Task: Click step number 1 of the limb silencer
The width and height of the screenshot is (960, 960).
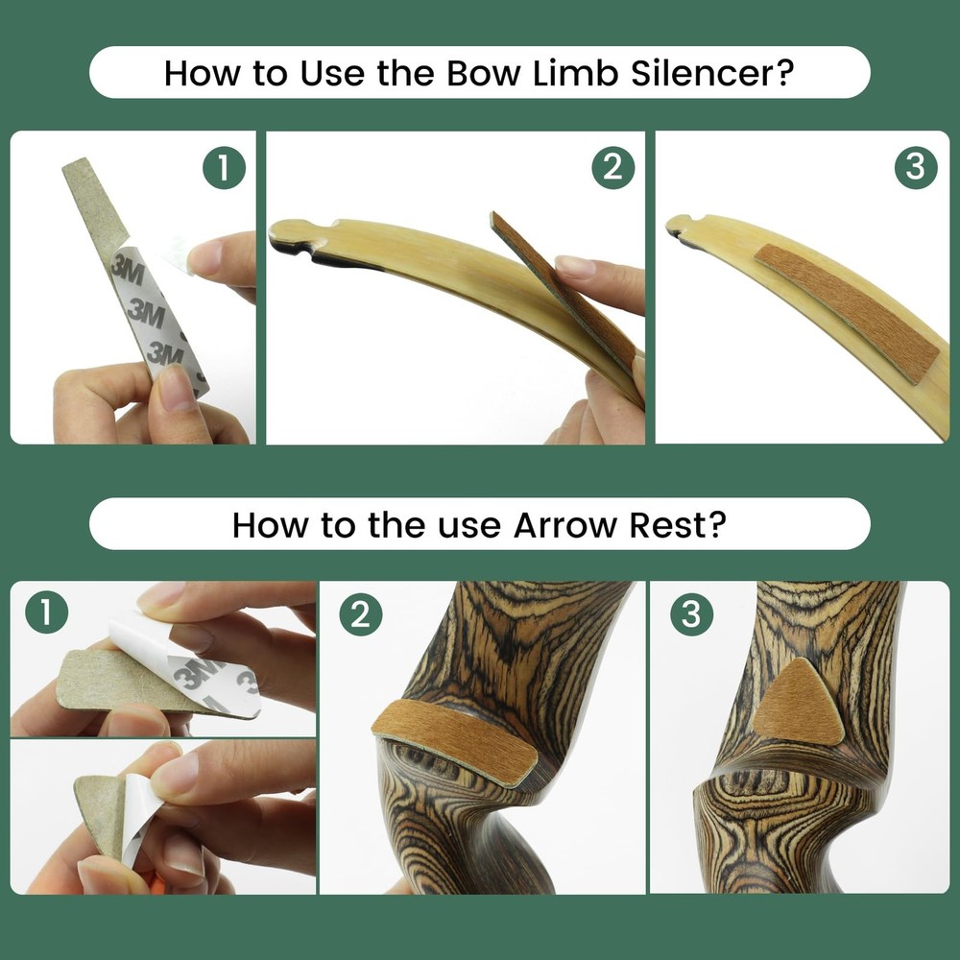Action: pos(224,169)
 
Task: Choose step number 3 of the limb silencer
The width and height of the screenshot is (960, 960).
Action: pos(914,168)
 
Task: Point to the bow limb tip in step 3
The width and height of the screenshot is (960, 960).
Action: pos(684,227)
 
